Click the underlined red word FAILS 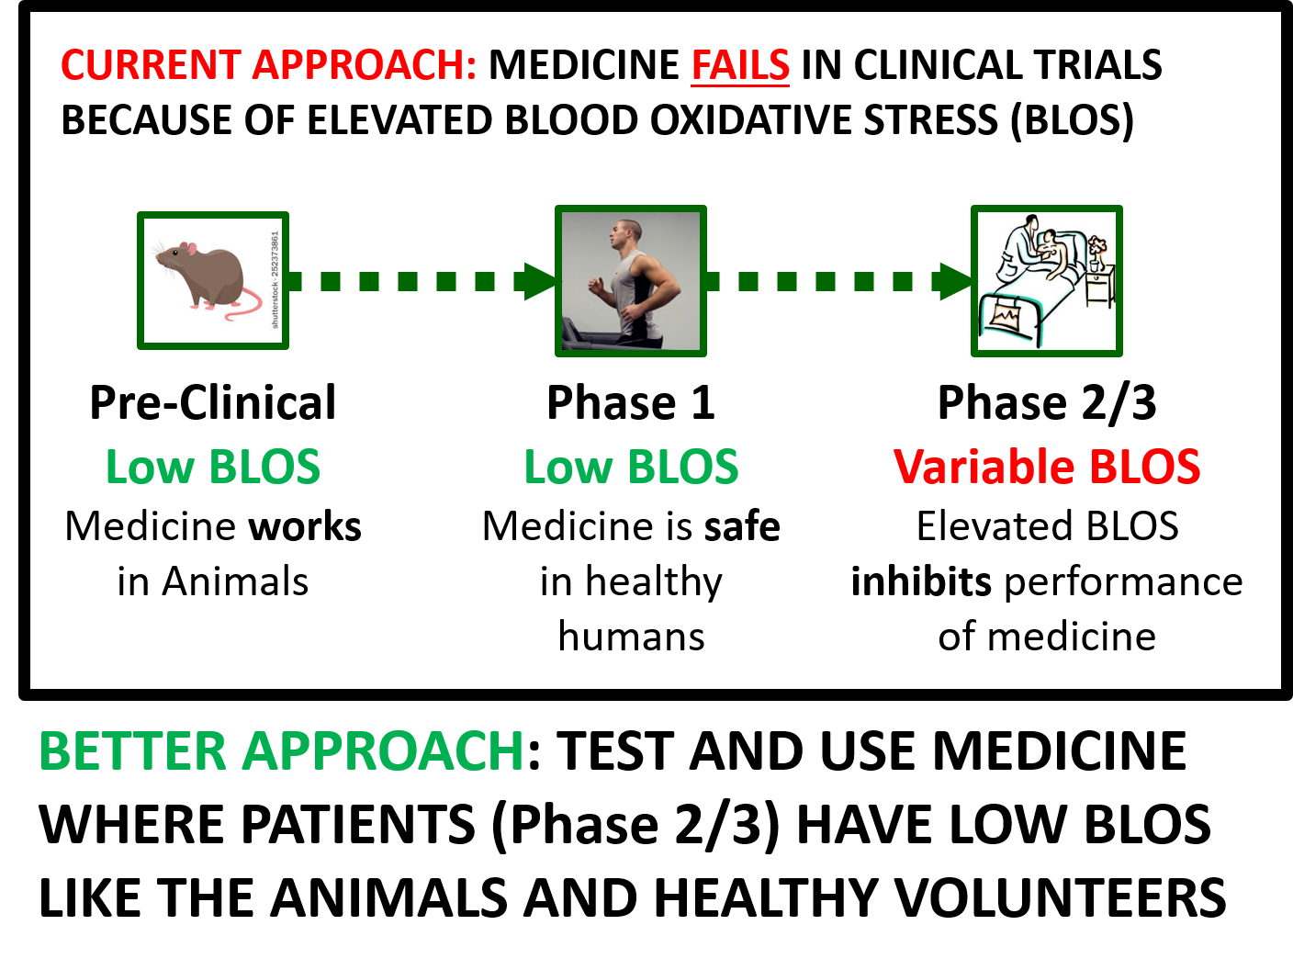tap(740, 65)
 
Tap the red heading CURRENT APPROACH tap(269, 64)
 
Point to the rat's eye tap(175, 253)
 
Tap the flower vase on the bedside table tap(1095, 255)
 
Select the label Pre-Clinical tap(213, 403)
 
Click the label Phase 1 tap(631, 403)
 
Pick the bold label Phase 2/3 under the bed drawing tap(1047, 403)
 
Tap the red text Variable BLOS tap(1047, 467)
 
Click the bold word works tap(305, 526)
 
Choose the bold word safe tap(742, 526)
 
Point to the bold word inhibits tap(921, 581)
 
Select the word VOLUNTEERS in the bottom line tap(1060, 897)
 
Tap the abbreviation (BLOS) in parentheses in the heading tap(1072, 120)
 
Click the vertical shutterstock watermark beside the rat tap(275, 279)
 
